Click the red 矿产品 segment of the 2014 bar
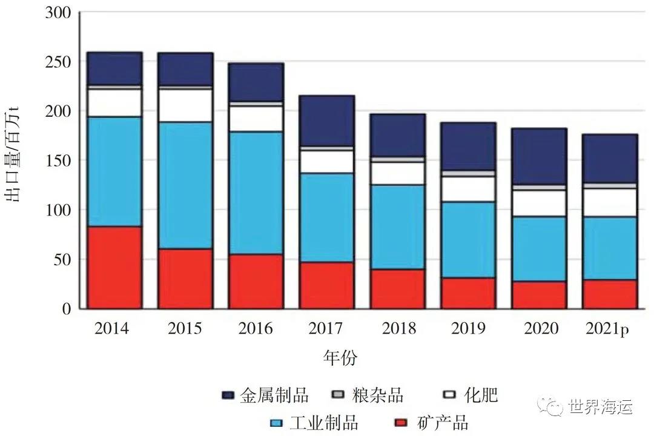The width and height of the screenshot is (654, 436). click(x=114, y=268)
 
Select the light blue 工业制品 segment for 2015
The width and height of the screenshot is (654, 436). click(x=185, y=185)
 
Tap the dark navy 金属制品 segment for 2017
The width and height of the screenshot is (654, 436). click(x=327, y=121)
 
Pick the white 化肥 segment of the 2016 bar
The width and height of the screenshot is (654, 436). click(x=256, y=119)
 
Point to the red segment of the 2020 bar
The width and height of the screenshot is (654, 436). click(x=539, y=295)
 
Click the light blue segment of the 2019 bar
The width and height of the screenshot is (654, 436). click(x=468, y=240)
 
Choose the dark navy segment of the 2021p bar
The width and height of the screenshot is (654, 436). click(x=610, y=158)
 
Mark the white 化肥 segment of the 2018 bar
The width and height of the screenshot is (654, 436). click(x=398, y=173)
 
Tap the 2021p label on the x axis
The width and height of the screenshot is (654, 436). click(x=609, y=329)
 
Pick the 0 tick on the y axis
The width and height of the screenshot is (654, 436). click(x=67, y=309)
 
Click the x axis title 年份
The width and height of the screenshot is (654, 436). click(x=340, y=357)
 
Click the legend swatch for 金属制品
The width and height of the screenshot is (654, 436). click(x=228, y=395)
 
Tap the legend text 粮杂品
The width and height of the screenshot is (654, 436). click(x=377, y=395)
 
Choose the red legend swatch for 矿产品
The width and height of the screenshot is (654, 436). click(x=399, y=422)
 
